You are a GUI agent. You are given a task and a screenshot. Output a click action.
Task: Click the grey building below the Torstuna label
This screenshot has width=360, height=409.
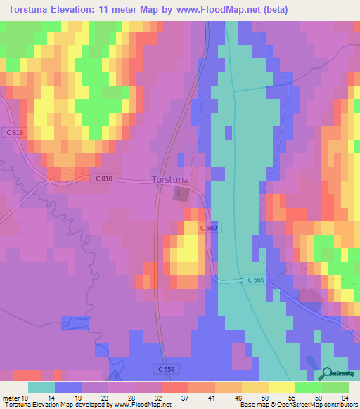coord(181,194)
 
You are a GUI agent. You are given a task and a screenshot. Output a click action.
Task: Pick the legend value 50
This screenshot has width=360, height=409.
coord(266,397)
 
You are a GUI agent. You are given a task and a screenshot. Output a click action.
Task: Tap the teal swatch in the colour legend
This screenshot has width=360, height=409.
coord(41,387)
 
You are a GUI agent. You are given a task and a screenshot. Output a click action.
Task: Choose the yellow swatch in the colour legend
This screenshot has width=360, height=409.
coord(282,387)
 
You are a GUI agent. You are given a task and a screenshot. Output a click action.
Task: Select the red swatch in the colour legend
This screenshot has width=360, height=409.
coord(175,387)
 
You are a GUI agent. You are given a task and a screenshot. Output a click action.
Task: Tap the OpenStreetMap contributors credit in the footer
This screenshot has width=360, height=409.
coord(316,405)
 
